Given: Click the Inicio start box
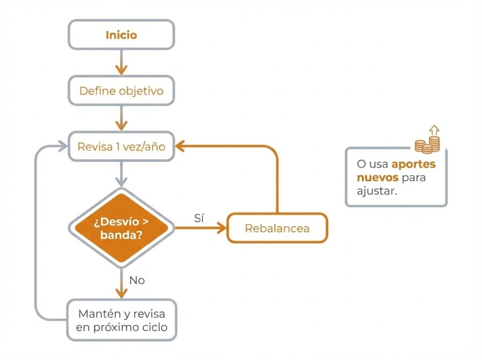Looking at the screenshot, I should click(121, 35).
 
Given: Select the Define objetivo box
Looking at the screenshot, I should click(121, 90).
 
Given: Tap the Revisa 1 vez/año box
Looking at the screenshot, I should click(121, 146).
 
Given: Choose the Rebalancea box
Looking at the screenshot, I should click(277, 228).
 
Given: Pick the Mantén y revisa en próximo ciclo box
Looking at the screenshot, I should click(121, 320).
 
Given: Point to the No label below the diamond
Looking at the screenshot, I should click(137, 280).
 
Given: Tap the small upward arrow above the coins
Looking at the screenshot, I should click(434, 129).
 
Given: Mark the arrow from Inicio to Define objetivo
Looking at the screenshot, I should click(121, 63).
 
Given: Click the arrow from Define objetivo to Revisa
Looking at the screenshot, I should click(121, 118).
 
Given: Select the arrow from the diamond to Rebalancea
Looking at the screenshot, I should click(200, 228).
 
